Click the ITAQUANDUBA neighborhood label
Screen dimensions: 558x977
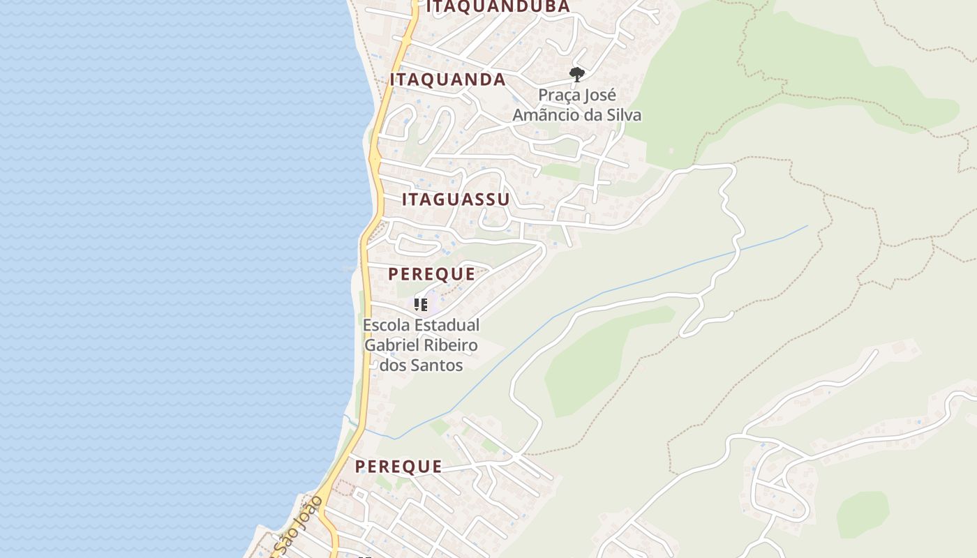click(498, 7)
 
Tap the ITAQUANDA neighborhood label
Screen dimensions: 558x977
click(447, 80)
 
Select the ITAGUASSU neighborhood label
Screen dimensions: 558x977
click(456, 199)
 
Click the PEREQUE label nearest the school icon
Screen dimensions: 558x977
click(431, 274)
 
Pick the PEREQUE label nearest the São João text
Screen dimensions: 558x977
click(398, 467)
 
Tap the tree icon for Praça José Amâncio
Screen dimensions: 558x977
click(576, 74)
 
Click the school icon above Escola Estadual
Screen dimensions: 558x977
click(421, 304)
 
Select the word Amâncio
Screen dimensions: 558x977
click(548, 115)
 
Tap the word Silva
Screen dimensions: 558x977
click(622, 115)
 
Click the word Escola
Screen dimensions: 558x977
click(387, 325)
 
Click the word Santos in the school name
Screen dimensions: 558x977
click(438, 365)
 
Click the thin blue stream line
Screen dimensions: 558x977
click(628, 286)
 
